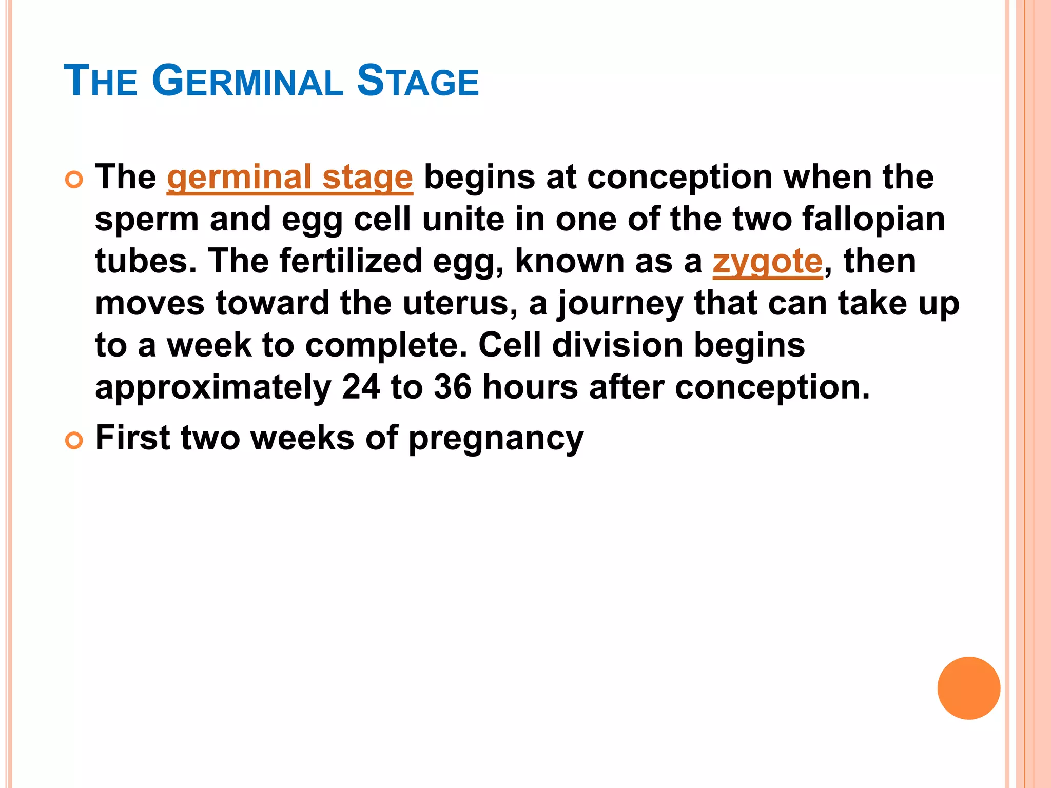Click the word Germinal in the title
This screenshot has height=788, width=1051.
[247, 81]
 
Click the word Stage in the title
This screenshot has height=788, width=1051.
[418, 81]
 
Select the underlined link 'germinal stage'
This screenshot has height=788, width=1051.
[290, 178]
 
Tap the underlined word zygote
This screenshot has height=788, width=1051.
[768, 262]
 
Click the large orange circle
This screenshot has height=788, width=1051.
[968, 688]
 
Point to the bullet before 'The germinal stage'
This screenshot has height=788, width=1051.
[74, 180]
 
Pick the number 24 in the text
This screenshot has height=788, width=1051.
[361, 387]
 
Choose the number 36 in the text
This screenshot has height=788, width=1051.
[452, 387]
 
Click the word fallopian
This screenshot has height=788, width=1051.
[873, 220]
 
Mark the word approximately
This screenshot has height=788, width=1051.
[213, 388]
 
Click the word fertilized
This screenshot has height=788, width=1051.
[351, 262]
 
